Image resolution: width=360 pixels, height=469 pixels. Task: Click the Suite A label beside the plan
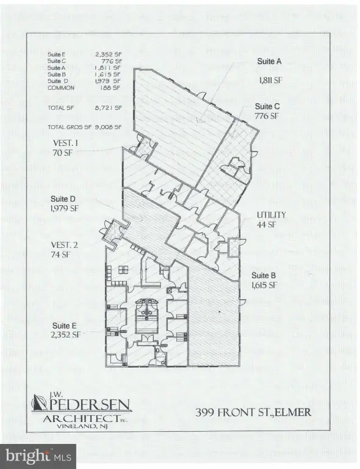tap(269, 61)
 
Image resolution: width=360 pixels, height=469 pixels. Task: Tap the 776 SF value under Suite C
tap(266, 116)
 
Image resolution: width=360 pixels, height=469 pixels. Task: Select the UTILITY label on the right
tap(272, 215)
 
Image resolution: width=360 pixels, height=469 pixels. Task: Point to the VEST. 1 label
tap(65, 143)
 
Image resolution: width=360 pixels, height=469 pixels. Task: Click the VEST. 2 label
tap(64, 245)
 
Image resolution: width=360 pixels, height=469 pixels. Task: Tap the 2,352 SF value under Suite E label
tap(66, 335)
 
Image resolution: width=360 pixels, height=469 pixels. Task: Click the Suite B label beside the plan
tap(264, 275)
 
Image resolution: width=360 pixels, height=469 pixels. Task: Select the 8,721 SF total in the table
tap(109, 107)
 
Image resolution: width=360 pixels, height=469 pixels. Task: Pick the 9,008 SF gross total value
tap(108, 127)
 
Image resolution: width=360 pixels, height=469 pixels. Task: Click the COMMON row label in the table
tap(61, 88)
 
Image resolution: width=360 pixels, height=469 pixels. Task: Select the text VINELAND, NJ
tap(82, 426)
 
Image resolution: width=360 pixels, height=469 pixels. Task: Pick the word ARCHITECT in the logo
tap(82, 418)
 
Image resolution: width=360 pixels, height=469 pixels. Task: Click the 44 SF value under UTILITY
tap(266, 224)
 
